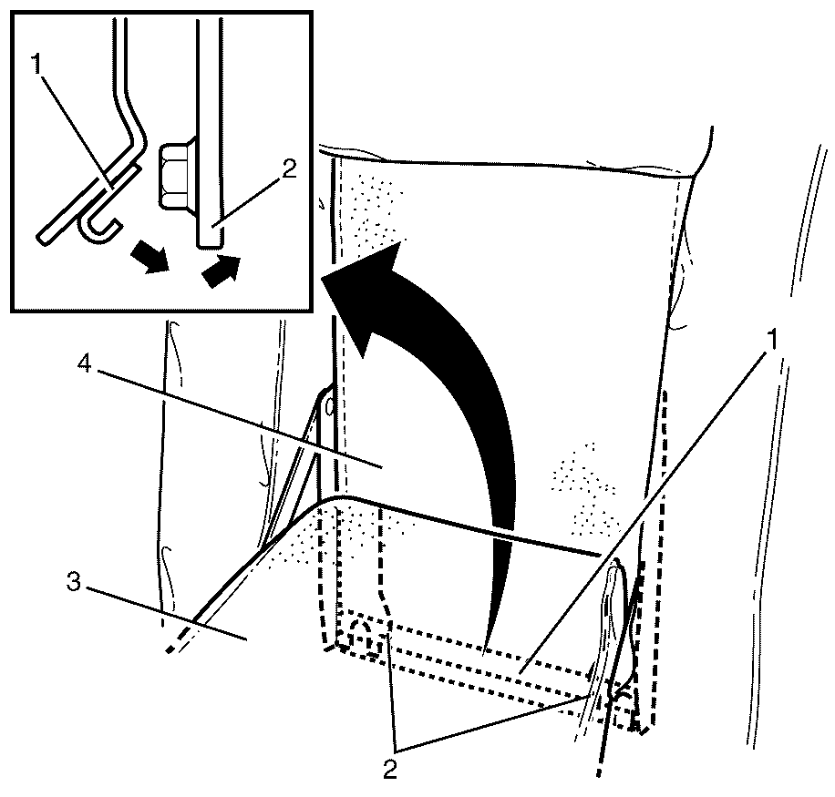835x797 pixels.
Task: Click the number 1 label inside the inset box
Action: tap(36, 65)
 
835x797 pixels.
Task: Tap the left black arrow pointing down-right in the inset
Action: tap(149, 257)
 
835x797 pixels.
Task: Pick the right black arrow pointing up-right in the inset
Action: tap(221, 271)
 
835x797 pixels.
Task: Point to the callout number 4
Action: tap(84, 364)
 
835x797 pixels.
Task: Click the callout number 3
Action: tap(73, 583)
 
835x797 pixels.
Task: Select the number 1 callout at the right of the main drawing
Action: tap(771, 340)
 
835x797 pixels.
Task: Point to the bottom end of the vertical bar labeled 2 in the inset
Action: tap(211, 245)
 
